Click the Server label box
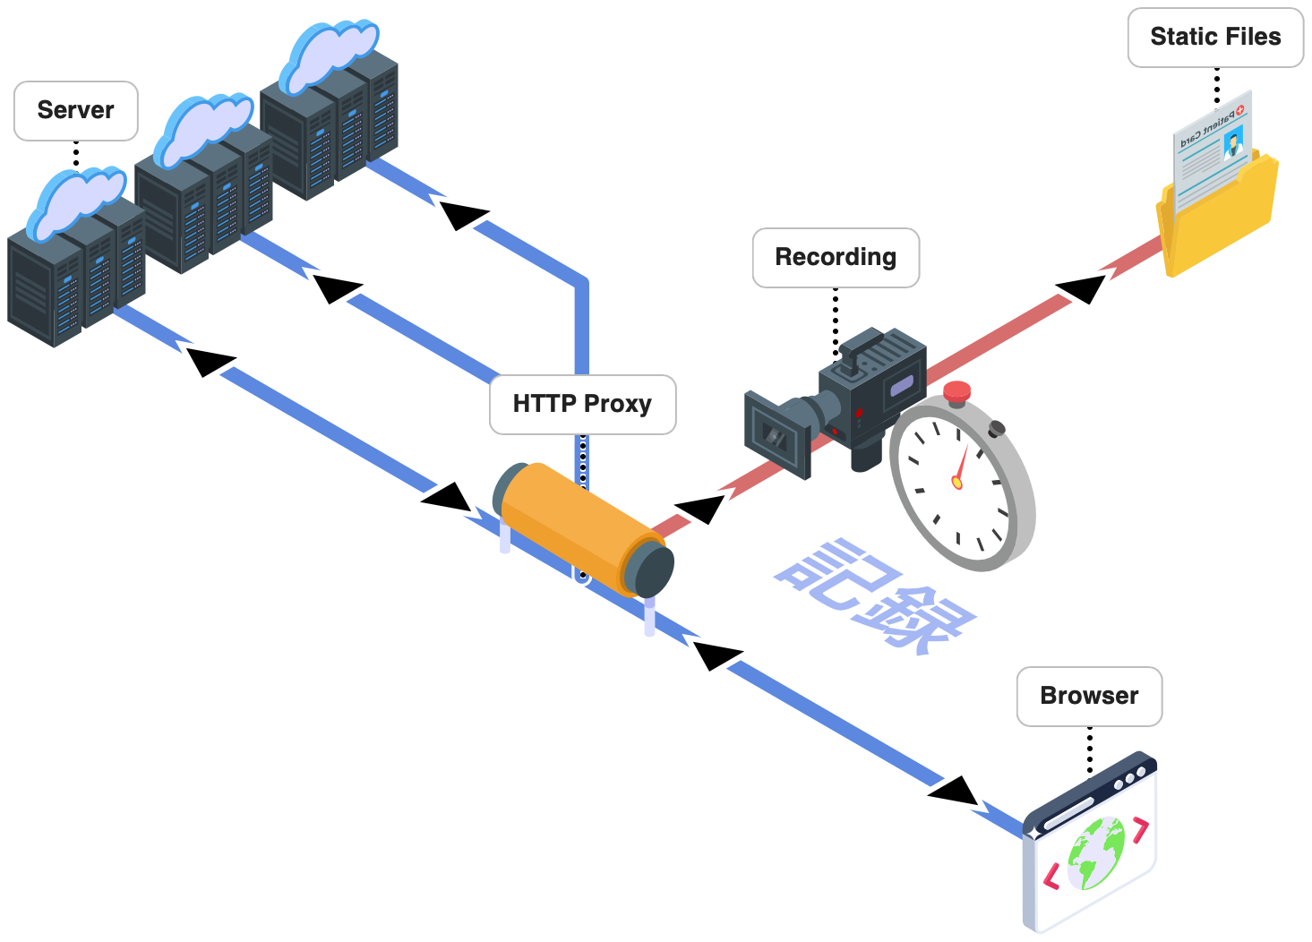click(76, 111)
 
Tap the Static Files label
click(1215, 38)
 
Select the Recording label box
click(836, 258)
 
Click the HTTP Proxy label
click(582, 405)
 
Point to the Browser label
click(1089, 697)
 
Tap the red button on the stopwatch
click(957, 390)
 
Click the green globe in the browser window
click(1094, 853)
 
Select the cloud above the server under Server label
click(75, 201)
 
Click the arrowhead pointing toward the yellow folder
click(1080, 288)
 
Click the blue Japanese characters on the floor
click(873, 595)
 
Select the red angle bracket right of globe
click(1139, 830)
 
